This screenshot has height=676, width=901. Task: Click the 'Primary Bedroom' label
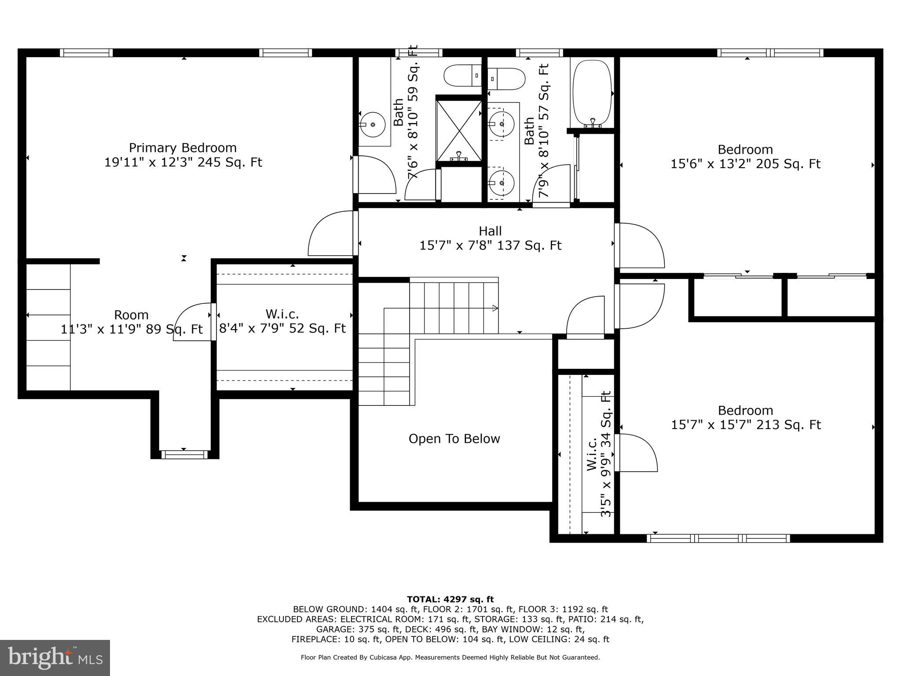tap(183, 148)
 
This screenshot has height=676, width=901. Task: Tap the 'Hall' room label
tap(490, 231)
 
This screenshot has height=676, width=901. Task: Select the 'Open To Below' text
tap(454, 439)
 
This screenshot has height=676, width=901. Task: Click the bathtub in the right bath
tap(593, 94)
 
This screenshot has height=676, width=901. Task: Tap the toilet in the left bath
tap(462, 76)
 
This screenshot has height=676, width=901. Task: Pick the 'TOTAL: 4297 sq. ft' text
tap(450, 599)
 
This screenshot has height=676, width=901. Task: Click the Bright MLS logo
tap(55, 658)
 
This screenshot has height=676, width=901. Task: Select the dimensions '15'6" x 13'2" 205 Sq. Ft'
tap(745, 164)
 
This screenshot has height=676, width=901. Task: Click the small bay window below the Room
tap(184, 455)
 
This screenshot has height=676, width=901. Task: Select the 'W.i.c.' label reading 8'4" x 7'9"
tap(282, 314)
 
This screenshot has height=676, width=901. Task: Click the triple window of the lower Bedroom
tap(718, 538)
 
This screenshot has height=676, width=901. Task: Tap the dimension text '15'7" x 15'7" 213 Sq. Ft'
tap(746, 425)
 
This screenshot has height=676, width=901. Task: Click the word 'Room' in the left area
tap(131, 315)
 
